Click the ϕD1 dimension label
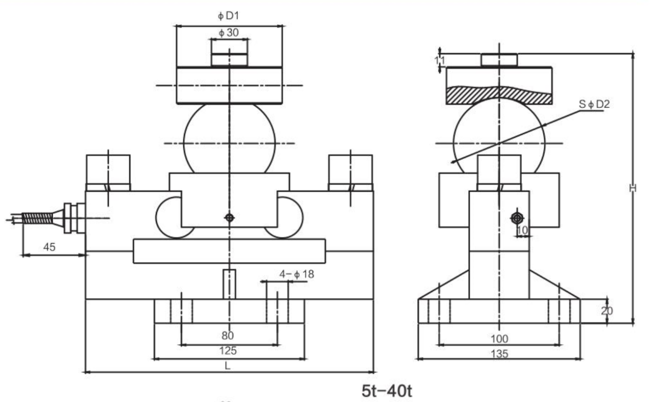tap(229, 16)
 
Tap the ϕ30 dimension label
tap(229, 32)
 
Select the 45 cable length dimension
tap(49, 247)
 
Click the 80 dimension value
tap(228, 336)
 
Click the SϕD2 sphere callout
tap(594, 105)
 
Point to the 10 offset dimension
tap(522, 231)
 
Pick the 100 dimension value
tap(499, 338)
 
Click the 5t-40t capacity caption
tap(387, 391)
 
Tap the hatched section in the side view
tap(498, 95)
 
